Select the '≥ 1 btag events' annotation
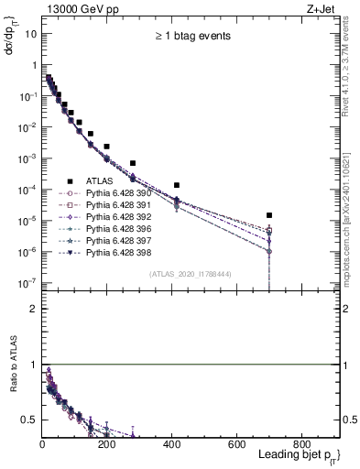191,36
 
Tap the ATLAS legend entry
100,180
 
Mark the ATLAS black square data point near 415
177,185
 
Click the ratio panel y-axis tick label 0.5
28,420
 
